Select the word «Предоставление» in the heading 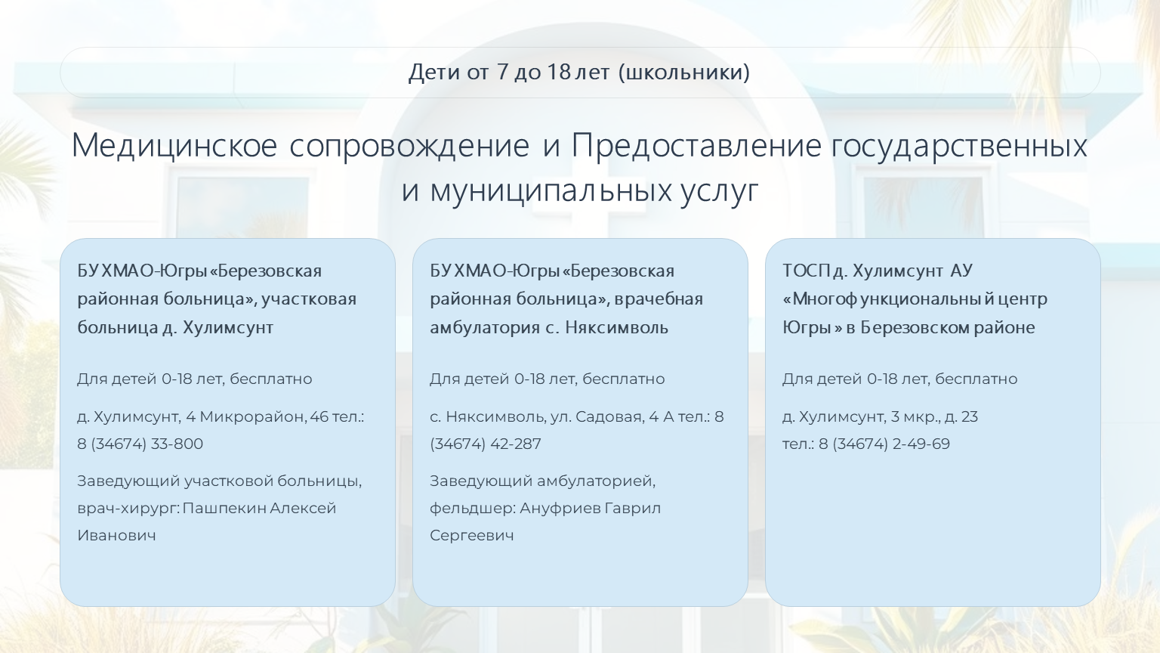(x=696, y=146)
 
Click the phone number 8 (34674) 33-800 (x=140, y=444)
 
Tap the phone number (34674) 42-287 (x=486, y=444)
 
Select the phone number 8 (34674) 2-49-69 (x=884, y=444)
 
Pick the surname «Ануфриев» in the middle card (x=560, y=508)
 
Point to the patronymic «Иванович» (x=116, y=535)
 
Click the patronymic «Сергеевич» (x=472, y=536)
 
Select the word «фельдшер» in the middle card (x=472, y=509)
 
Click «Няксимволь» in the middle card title (x=616, y=327)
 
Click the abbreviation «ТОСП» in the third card (x=806, y=271)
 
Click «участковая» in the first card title (x=309, y=299)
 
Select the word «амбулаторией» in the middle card (x=595, y=481)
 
